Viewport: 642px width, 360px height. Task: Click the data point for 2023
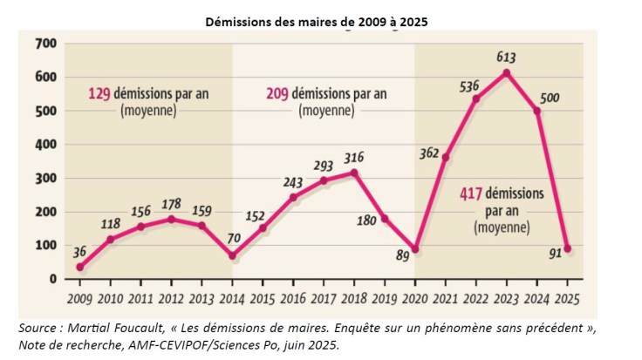coord(506,72)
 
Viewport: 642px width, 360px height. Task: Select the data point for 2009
coord(80,267)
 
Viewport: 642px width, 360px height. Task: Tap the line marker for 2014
coord(232,255)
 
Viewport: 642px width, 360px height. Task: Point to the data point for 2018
coord(354,173)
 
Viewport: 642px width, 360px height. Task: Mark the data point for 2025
coord(567,248)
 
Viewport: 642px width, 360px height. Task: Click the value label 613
coord(506,58)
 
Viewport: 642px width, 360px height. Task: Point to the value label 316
coord(354,157)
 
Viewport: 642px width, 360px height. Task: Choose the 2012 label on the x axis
coord(171,299)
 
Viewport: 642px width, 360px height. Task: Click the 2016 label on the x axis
coord(293,299)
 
